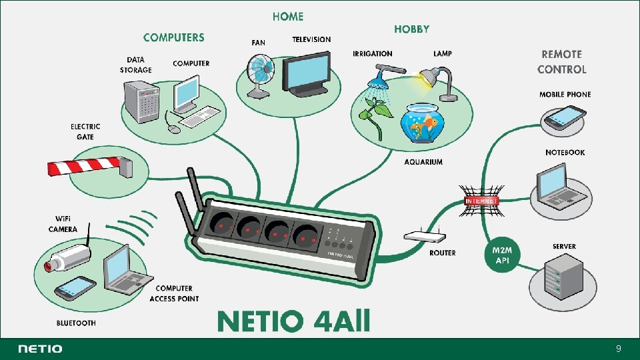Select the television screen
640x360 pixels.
click(306, 73)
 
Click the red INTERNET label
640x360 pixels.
click(481, 201)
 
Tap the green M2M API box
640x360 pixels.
click(502, 255)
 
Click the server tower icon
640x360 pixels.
click(559, 278)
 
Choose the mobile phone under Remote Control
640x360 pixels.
click(564, 118)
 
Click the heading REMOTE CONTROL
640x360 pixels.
click(562, 61)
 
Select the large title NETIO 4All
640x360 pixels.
click(293, 322)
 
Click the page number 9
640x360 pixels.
click(619, 349)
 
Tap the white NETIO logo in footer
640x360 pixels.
click(41, 349)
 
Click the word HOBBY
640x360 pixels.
click(411, 29)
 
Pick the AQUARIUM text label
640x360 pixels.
click(423, 162)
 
